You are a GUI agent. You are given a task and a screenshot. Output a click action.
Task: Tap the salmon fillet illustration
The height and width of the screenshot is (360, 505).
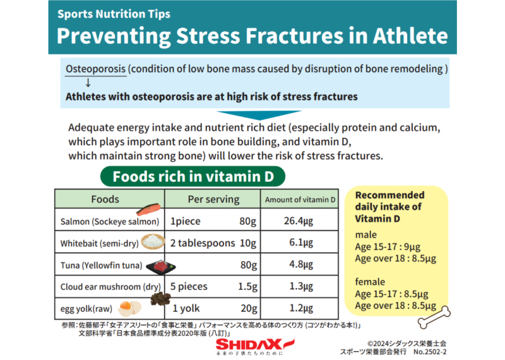[148, 210]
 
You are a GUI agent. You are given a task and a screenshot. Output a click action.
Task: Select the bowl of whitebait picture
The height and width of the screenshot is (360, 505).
[153, 242]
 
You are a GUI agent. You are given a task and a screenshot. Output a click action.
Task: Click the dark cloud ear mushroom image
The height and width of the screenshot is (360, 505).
[160, 299]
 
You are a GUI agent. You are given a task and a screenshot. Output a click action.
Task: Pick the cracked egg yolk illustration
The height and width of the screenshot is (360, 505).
[129, 308]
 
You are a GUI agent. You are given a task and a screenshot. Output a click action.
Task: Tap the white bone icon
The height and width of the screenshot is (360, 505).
[434, 317]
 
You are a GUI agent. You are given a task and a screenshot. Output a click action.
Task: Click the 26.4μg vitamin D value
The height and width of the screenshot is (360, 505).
[299, 221]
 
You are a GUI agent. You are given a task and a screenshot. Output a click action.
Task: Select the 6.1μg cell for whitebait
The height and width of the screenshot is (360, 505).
[301, 243]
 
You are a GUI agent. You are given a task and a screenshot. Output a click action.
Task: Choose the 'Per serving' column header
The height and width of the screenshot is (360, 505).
[213, 199]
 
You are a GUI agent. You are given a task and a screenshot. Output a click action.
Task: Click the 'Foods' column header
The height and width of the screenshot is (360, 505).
[105, 199]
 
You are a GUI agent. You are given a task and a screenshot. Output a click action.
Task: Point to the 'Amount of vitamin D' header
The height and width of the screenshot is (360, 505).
[300, 200]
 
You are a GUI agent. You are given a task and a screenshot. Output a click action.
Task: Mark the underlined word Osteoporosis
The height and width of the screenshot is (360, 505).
[96, 69]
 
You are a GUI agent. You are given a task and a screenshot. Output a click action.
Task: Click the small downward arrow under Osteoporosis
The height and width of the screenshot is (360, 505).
[88, 83]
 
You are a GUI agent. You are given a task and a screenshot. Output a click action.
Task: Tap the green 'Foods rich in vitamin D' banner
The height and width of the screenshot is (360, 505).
[193, 176]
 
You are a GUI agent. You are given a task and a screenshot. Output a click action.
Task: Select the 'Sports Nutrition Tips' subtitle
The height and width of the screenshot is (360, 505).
[114, 14]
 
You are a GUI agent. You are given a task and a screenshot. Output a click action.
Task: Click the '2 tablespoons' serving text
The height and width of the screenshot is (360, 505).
[203, 243]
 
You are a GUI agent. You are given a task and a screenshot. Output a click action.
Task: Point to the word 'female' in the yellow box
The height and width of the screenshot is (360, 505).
[370, 282]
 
